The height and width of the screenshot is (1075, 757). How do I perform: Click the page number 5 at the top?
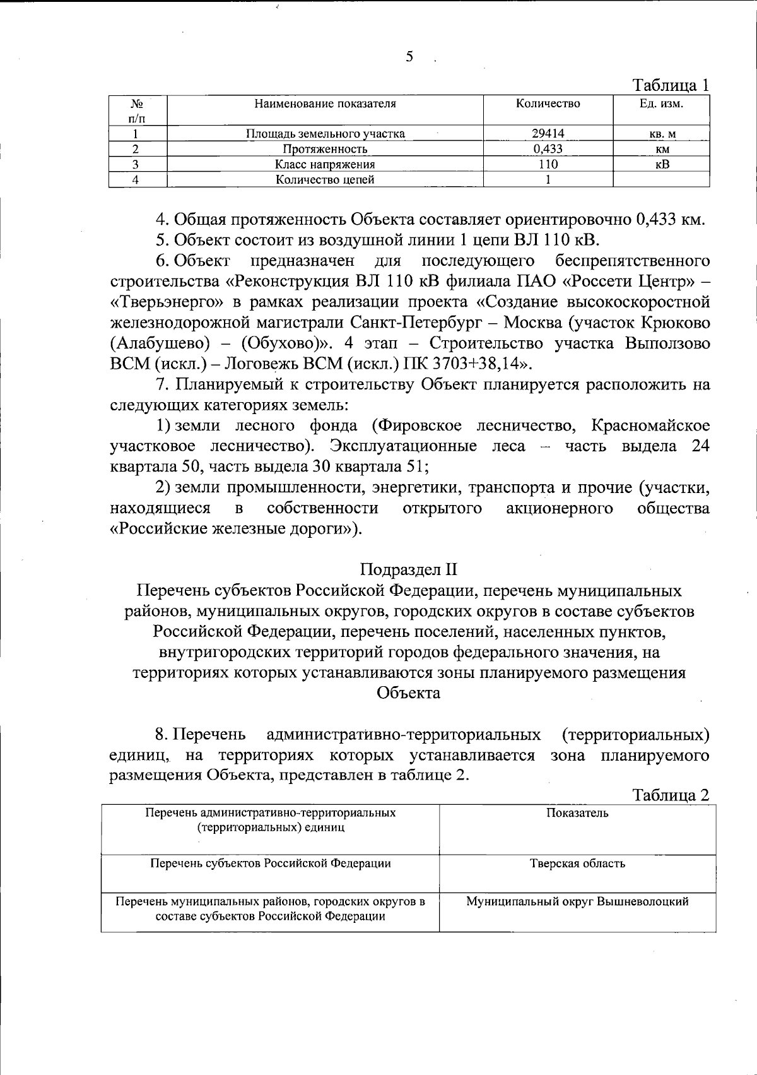pos(409,57)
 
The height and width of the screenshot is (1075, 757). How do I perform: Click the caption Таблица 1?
pos(671,85)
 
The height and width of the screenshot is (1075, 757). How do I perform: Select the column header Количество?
pos(548,104)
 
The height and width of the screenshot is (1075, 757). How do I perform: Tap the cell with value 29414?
pos(548,133)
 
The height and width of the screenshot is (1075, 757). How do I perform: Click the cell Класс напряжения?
pos(325,164)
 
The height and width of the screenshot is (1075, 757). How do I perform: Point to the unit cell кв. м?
pos(662,133)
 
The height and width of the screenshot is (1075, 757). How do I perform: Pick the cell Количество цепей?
pos(325,179)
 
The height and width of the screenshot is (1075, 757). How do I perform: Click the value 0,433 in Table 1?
pos(548,149)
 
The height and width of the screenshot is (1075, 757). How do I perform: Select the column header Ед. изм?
pos(661,104)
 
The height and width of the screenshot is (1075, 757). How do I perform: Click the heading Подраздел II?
pos(409,569)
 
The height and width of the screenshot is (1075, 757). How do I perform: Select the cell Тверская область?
pos(577,864)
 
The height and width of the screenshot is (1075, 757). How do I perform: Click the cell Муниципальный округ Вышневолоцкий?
pos(577,901)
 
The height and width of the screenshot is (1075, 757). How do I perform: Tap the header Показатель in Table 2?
pos(577,813)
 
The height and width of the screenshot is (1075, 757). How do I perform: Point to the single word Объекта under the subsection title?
pos(409,693)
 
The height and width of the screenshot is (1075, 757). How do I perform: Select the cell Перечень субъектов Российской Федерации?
pos(271,864)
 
